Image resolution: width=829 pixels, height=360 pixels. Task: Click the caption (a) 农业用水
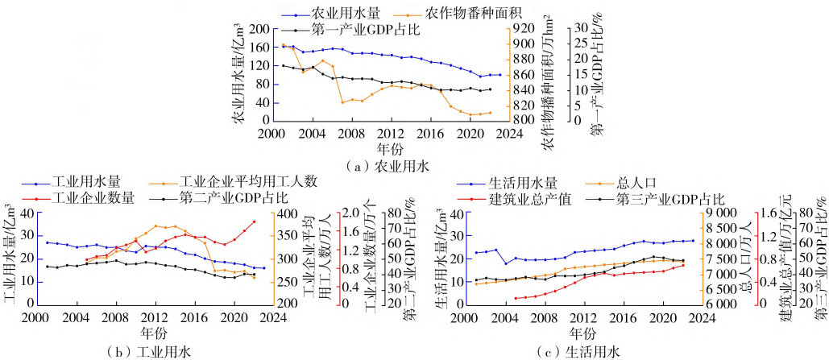tap(386, 167)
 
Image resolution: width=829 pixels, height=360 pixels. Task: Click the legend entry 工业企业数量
tap(93, 197)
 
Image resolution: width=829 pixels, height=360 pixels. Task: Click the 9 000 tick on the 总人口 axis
tap(723, 213)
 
